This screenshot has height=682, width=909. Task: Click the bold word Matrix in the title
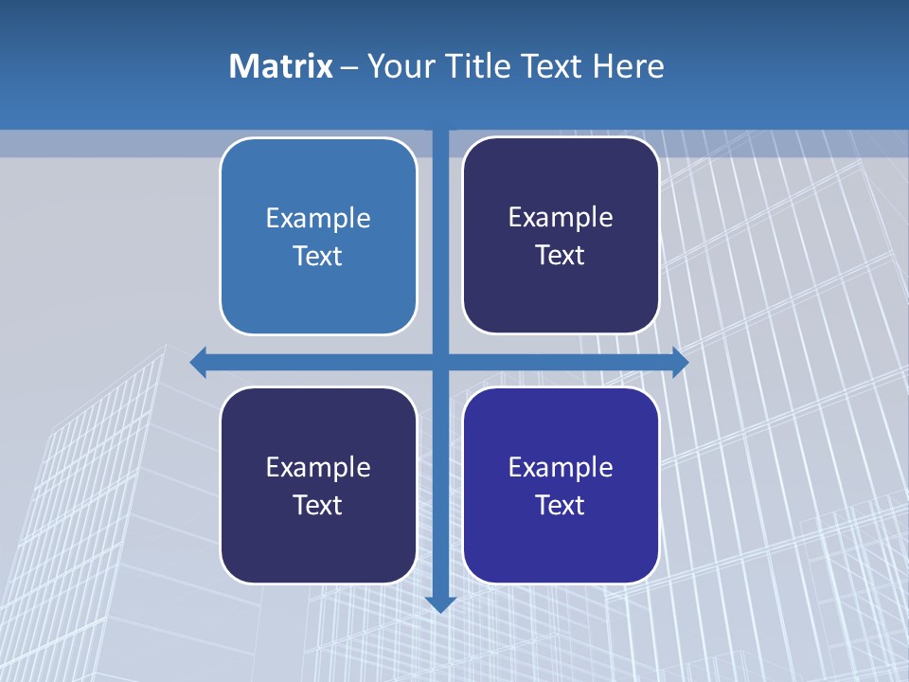281,66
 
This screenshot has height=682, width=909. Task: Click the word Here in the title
629,66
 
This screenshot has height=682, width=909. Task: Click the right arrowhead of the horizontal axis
680,362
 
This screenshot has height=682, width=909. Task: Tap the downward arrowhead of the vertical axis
441,602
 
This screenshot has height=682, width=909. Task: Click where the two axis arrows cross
441,362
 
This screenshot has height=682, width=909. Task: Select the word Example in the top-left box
318,218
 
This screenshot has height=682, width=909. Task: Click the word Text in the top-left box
318,256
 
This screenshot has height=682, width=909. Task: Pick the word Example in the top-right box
561,217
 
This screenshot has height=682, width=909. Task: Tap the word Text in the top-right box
561,255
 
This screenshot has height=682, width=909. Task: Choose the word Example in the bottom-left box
318,467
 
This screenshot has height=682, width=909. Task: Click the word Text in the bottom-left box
318,505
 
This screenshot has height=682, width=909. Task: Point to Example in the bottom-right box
561,467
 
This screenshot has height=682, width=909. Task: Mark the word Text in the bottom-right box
561,505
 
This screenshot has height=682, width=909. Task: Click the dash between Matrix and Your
348,67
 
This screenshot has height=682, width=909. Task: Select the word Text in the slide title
552,66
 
